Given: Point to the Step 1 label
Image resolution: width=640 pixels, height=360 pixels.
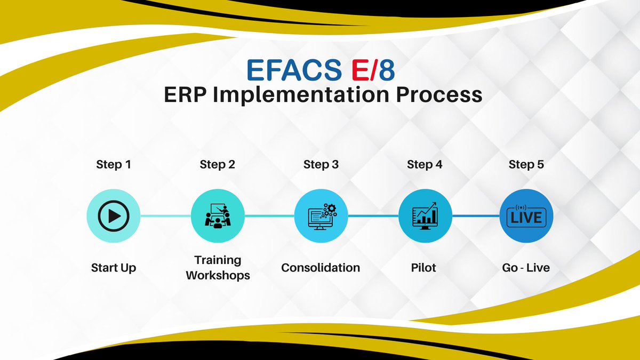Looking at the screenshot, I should click(x=114, y=165).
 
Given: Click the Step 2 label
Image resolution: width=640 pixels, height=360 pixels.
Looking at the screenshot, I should click(x=217, y=165).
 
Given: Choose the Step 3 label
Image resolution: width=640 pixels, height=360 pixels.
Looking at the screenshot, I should click(x=321, y=165).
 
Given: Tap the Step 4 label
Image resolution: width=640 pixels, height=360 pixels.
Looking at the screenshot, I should click(x=425, y=165).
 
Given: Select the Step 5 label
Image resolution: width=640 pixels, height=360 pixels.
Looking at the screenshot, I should click(x=526, y=165).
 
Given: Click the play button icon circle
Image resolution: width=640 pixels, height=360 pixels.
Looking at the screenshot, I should click(x=114, y=216).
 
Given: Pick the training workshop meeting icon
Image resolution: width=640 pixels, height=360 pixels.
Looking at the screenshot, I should click(x=218, y=216).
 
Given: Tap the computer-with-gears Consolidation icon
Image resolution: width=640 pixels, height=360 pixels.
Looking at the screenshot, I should click(x=321, y=216).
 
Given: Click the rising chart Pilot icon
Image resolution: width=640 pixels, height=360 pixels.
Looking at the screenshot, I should click(x=425, y=216).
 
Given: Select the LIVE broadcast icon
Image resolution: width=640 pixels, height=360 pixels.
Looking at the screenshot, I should click(x=526, y=216).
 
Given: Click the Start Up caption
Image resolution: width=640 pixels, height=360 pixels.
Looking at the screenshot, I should click(x=114, y=267).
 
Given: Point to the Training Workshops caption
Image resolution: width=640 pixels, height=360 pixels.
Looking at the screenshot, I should click(x=218, y=268).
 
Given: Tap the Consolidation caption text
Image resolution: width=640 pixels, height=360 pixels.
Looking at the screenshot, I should click(x=321, y=267).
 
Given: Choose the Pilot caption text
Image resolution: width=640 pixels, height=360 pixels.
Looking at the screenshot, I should click(x=425, y=267).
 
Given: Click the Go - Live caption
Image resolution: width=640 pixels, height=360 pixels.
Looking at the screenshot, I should click(x=526, y=267).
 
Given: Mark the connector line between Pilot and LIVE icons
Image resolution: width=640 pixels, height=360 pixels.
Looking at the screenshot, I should click(x=476, y=216).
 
